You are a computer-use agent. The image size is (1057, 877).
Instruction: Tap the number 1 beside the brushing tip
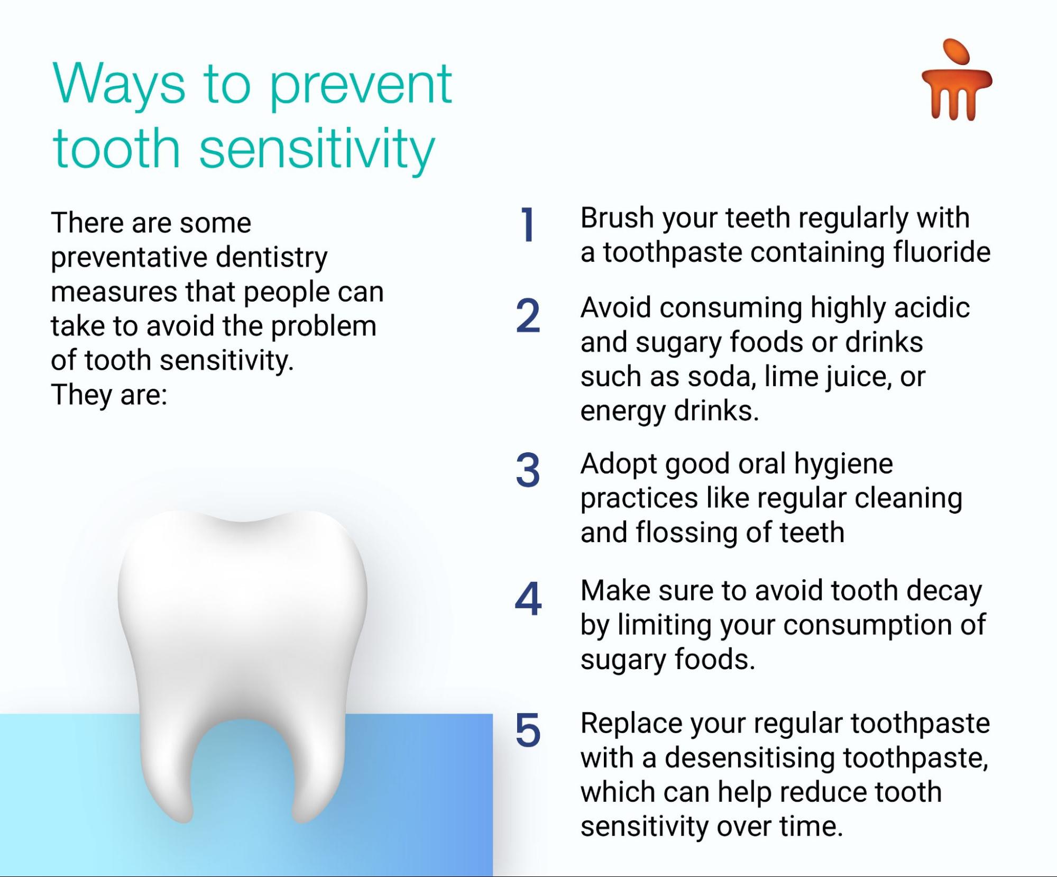point(527,224)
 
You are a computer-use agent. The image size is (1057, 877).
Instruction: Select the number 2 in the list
point(528,315)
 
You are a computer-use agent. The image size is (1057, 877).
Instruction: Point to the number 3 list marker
point(528,470)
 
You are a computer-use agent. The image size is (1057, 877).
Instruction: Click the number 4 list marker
point(528,599)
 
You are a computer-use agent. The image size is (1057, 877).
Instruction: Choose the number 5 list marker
point(528,730)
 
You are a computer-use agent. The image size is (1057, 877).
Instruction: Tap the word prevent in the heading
point(361,87)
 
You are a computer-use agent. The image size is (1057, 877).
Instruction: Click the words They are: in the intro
point(109,395)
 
